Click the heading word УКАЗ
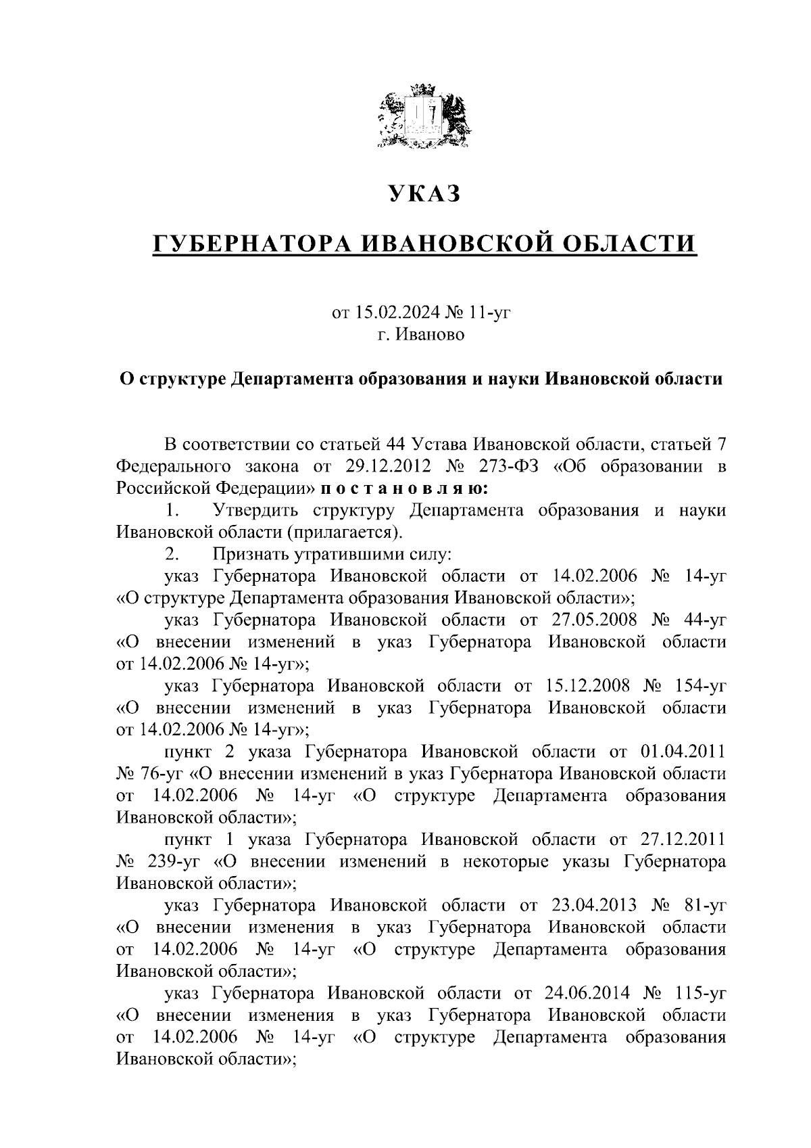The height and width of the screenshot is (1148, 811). [424, 193]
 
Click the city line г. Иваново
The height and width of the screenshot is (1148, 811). [422, 334]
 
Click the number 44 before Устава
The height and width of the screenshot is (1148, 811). [395, 444]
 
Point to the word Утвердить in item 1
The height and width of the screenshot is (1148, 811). [256, 510]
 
